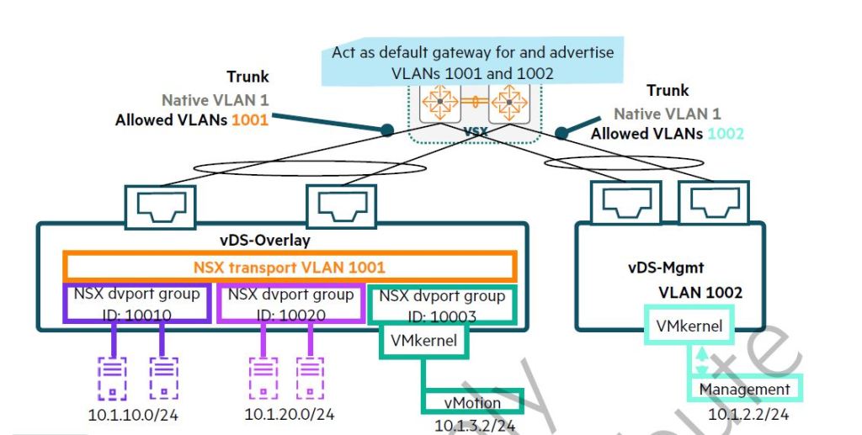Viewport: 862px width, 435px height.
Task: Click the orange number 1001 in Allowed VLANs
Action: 250,120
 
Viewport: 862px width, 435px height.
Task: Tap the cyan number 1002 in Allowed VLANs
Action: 726,133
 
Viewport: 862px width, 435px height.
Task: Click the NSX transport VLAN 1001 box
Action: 290,268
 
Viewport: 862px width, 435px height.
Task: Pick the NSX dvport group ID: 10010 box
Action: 136,304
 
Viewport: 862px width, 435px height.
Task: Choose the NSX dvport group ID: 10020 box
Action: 290,304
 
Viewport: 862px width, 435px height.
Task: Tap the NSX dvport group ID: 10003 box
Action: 441,305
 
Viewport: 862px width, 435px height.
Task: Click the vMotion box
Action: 472,402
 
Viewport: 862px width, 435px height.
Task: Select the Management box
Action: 744,389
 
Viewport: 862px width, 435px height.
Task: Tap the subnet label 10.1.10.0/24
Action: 134,415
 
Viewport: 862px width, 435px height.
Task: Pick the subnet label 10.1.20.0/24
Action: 290,415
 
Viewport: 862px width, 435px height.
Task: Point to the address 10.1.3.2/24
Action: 475,426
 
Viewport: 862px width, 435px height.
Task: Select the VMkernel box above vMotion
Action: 424,342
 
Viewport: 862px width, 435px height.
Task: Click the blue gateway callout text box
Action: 472,63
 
